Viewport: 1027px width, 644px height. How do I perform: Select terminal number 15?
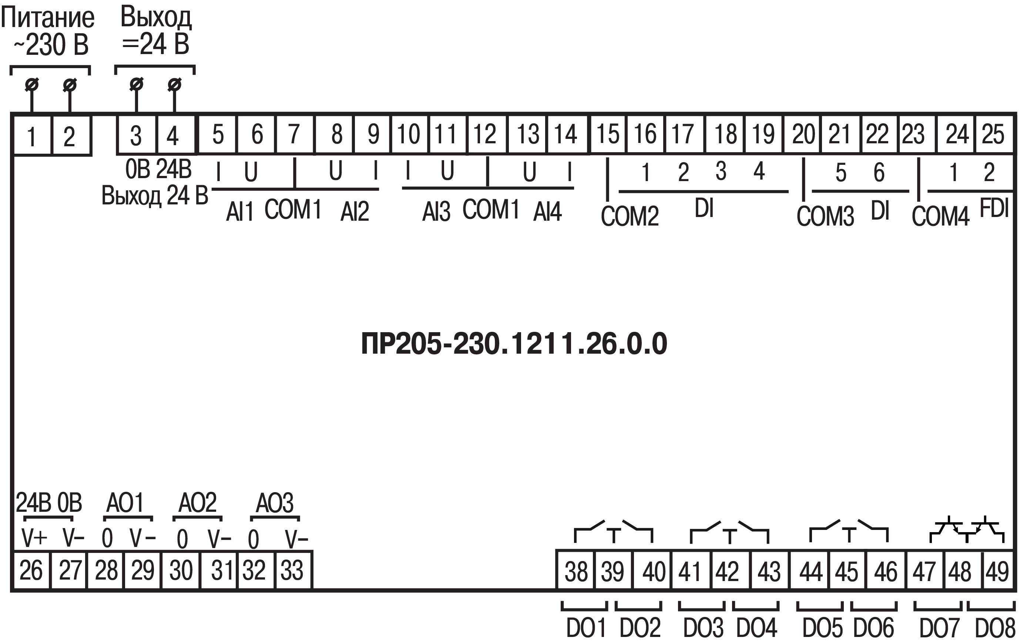pos(607,134)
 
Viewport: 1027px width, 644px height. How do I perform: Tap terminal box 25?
pos(993,134)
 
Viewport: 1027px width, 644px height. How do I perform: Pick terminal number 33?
pos(292,570)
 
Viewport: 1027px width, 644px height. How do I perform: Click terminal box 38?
pos(576,571)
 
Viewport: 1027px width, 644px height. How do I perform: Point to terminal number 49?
pos(997,571)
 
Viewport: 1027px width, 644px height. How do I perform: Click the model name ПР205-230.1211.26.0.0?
pos(514,344)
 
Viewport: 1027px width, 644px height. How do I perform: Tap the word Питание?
pos(48,18)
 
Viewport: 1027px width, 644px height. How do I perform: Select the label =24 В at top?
pos(155,44)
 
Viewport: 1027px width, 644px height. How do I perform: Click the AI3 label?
pos(436,211)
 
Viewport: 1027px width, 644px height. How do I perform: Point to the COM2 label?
pos(630,216)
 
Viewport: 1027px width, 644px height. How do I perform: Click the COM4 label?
pos(940,216)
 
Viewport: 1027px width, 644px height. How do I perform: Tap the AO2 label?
pos(197,503)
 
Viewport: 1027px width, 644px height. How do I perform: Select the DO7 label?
pos(939,628)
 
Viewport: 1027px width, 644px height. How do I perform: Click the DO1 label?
pos(585,628)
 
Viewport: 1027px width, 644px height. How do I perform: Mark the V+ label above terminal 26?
pos(34,538)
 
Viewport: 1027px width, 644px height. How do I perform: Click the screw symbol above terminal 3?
pos(136,85)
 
